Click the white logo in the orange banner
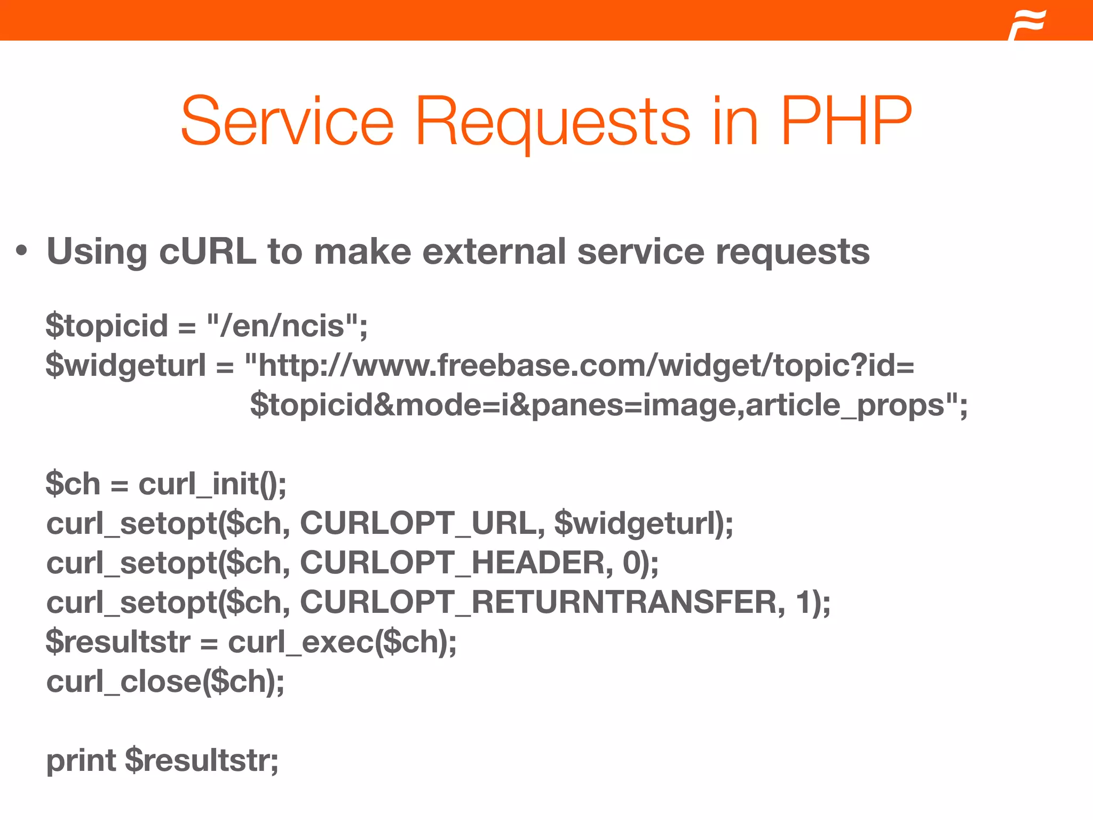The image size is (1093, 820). (x=1027, y=25)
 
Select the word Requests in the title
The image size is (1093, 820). (x=553, y=123)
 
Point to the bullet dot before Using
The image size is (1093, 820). (x=21, y=250)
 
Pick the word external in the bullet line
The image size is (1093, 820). (x=494, y=251)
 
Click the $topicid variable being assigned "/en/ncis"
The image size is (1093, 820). (x=107, y=326)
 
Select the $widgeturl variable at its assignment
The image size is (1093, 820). (x=126, y=366)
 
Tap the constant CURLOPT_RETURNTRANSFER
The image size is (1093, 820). (x=538, y=602)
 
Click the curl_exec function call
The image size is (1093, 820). (x=342, y=642)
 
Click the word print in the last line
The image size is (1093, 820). (x=81, y=761)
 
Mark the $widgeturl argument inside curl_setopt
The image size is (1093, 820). (x=637, y=523)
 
